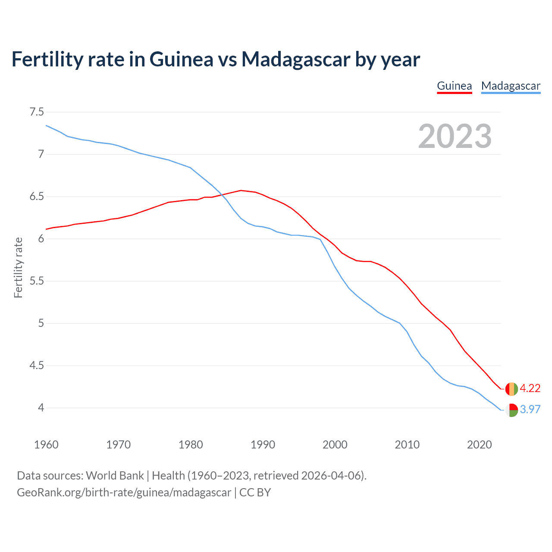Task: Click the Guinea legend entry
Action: click(x=454, y=86)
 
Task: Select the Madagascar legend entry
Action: click(x=511, y=86)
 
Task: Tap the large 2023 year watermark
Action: click(x=455, y=136)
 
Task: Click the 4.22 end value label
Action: click(x=530, y=389)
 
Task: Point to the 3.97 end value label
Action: click(x=530, y=410)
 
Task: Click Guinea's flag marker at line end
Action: click(x=511, y=389)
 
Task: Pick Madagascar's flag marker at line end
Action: click(x=511, y=410)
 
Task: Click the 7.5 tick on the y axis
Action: click(x=37, y=112)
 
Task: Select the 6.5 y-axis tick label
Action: click(x=37, y=197)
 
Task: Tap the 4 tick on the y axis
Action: click(x=41, y=408)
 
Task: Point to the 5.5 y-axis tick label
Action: click(x=37, y=281)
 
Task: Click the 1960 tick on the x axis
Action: click(x=46, y=445)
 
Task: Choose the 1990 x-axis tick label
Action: click(x=263, y=445)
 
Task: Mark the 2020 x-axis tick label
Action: click(x=479, y=445)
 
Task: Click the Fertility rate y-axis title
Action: click(x=18, y=267)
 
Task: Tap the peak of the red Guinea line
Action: click(x=241, y=190)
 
